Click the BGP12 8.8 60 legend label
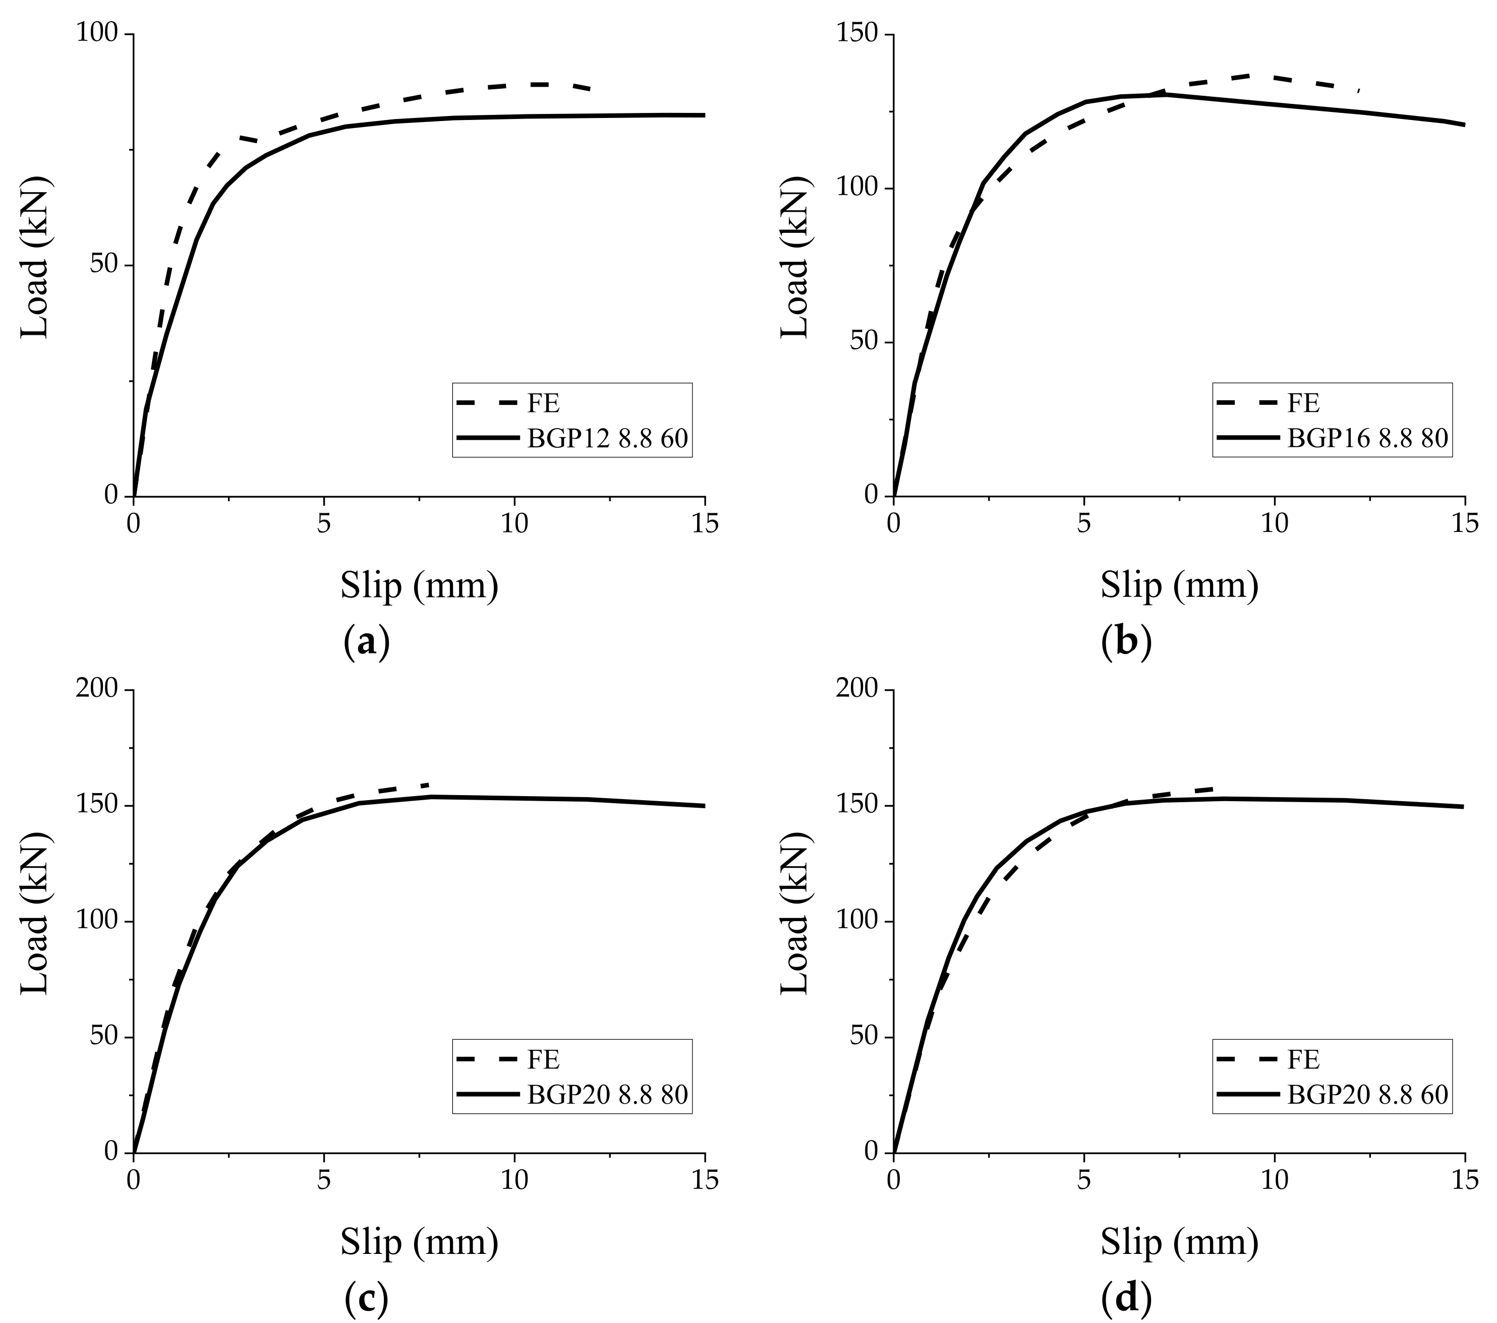pos(607,439)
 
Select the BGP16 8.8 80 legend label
pos(1367,439)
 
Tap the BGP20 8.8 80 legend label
pos(607,1095)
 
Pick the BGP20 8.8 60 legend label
pos(1367,1095)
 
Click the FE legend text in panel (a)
pos(543,403)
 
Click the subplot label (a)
pos(366,642)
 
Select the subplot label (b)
pos(1126,642)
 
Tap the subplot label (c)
pos(366,1298)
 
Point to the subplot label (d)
pos(1126,1298)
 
